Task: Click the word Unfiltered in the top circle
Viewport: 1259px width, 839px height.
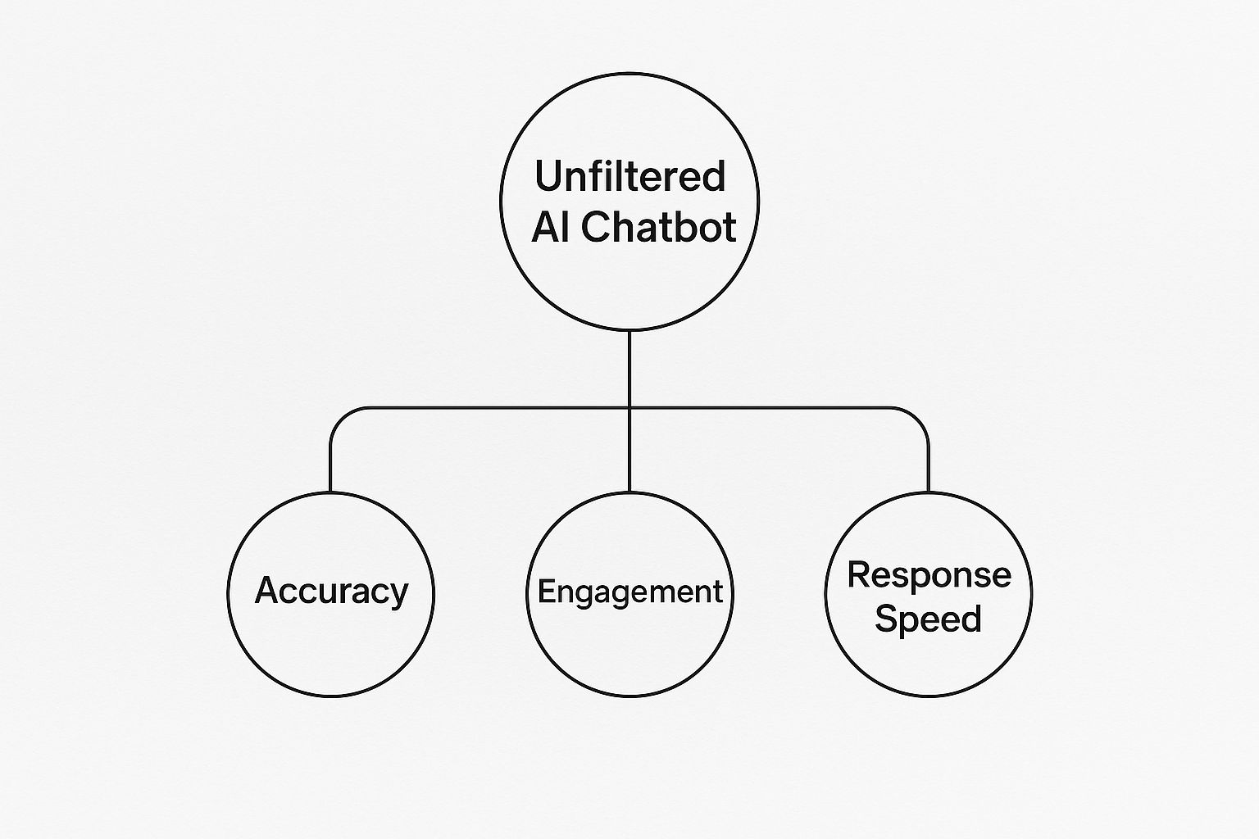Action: pyautogui.click(x=629, y=176)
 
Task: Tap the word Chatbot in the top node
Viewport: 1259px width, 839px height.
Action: pyautogui.click(x=659, y=227)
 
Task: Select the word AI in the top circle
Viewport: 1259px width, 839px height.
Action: pyautogui.click(x=550, y=227)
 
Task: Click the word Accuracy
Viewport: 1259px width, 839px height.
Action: pyautogui.click(x=331, y=591)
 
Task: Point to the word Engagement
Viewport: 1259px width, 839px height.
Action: pyautogui.click(x=629, y=592)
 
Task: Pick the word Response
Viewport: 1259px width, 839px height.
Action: pyautogui.click(x=929, y=574)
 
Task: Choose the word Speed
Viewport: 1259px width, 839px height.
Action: pyautogui.click(x=928, y=618)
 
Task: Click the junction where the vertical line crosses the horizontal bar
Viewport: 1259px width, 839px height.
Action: pyautogui.click(x=629, y=407)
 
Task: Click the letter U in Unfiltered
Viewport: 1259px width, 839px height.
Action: pyautogui.click(x=547, y=176)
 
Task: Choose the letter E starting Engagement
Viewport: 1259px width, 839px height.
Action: pyautogui.click(x=545, y=591)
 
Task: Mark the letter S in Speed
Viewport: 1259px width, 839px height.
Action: pyautogui.click(x=886, y=618)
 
